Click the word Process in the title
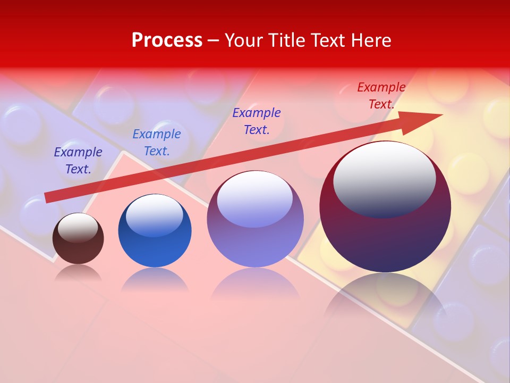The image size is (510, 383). [167, 40]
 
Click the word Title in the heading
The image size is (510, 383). [285, 40]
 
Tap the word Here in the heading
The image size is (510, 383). [370, 40]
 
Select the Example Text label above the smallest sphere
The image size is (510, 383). [78, 161]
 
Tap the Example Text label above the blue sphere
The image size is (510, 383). [157, 143]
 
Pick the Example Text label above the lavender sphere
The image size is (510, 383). [257, 121]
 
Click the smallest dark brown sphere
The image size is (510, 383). [78, 247]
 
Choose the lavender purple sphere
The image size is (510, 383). [255, 245]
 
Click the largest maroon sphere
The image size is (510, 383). [385, 239]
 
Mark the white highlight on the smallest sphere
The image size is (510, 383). [78, 227]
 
